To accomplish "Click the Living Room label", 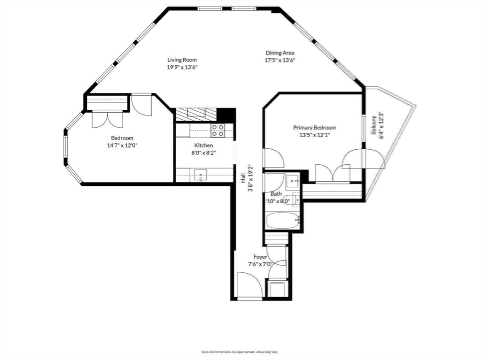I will (x=182, y=60).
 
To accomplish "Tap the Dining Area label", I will (x=280, y=53).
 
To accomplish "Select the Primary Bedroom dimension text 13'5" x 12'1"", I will (x=314, y=135).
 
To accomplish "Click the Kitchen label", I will (x=203, y=146).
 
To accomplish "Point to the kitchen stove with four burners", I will (x=217, y=130).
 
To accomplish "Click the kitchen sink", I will (x=201, y=177).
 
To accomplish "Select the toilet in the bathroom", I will (x=296, y=201).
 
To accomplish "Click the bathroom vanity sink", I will (x=293, y=181).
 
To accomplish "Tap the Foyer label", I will (x=260, y=257).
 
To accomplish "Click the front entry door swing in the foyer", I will (x=249, y=286).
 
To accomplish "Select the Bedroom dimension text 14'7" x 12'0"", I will (x=122, y=146).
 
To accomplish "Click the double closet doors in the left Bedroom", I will (x=107, y=119).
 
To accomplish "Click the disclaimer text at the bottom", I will (x=240, y=351).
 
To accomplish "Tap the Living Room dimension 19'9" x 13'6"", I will (x=182, y=67).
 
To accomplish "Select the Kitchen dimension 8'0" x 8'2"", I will (x=203, y=153).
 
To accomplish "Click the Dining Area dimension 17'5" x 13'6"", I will (x=280, y=60).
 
